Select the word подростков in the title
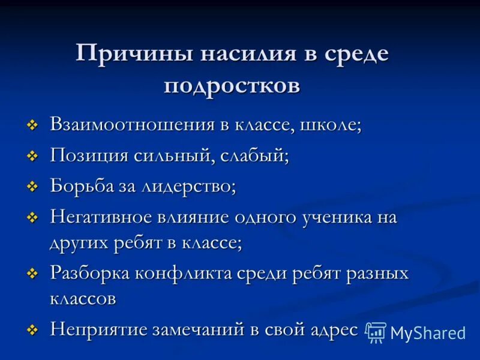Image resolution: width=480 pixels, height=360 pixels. click(x=232, y=85)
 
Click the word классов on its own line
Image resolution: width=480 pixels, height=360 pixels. click(x=83, y=299)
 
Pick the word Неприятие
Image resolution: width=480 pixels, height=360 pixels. click(x=99, y=329)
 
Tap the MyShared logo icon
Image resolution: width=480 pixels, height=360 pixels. click(x=376, y=332)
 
